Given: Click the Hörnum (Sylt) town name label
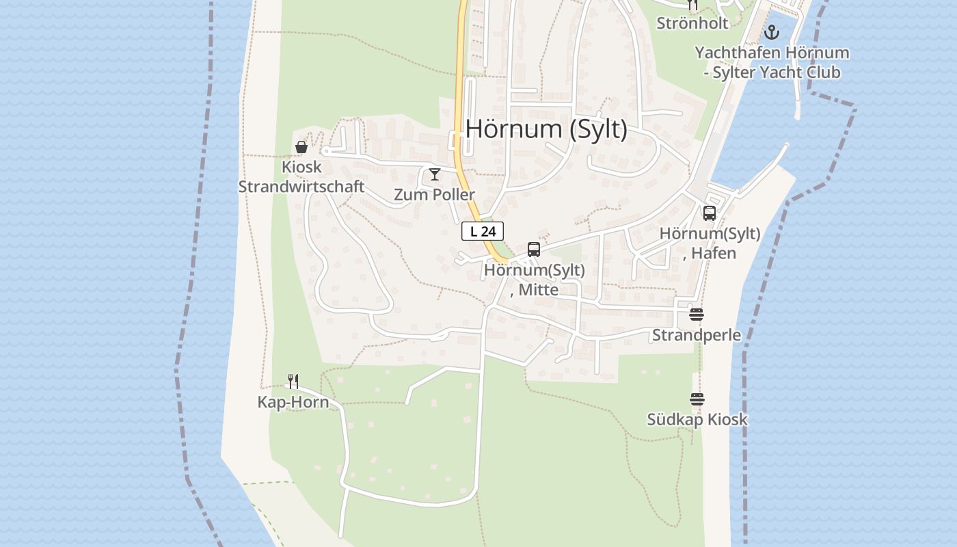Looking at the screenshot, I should point(546,129).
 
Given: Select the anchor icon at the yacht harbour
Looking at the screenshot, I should point(772,32).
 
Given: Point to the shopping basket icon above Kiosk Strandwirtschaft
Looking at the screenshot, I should point(301,146).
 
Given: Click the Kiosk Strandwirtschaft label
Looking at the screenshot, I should point(301,176).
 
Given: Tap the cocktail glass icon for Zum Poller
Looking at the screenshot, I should point(434,174).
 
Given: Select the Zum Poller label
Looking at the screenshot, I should point(434,195).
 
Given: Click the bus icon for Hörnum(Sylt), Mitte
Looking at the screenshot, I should point(534,250).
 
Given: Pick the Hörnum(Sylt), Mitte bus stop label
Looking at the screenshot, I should point(535,280).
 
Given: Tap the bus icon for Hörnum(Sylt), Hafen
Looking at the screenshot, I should point(710,213).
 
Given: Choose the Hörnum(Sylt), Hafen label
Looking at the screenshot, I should point(710,243).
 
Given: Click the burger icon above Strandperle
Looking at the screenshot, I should point(697,315).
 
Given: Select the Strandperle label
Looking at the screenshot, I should point(697,335).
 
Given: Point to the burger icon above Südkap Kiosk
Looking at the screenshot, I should point(697,399).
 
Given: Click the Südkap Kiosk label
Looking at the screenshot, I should point(697,420).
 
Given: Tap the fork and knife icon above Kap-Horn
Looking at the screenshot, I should point(293,382).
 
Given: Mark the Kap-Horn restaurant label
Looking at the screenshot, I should point(293,402).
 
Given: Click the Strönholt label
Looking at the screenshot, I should point(692,23).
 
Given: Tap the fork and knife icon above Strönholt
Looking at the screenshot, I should point(692,5).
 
